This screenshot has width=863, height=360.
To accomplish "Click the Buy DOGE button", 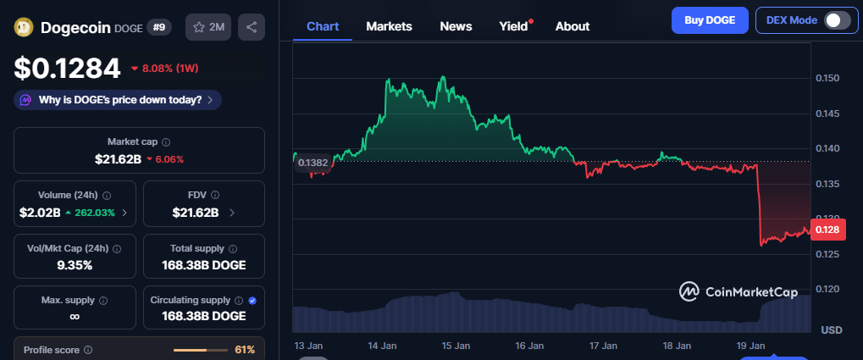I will coord(710,19).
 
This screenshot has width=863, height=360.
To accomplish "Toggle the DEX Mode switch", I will coord(837,20).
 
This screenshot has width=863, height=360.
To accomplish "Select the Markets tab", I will coord(389,26).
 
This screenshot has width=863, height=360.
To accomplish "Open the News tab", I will coord(456,26).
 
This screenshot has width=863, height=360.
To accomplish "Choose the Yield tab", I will coord(513,26).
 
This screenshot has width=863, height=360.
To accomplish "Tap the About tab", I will coord(572,26).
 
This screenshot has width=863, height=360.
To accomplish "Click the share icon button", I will coord(252,27).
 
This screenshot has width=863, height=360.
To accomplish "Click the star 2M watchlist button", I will coord(208,27).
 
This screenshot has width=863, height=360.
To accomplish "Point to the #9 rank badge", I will coord(159,27).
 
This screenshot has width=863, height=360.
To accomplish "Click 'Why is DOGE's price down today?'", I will coord(118,100).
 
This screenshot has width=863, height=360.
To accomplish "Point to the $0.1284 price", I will coord(68,67).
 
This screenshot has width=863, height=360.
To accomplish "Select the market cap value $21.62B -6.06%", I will coord(139,158).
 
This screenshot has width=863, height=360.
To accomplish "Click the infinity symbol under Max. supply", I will coord(75,316).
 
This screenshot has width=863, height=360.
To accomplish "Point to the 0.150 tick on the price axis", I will coord(827,79).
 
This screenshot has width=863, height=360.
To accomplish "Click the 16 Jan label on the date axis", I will coord(528,346).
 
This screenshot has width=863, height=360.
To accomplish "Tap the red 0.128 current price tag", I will coord(826,229).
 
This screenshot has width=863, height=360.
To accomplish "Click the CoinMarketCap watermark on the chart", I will coord(739,291).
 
